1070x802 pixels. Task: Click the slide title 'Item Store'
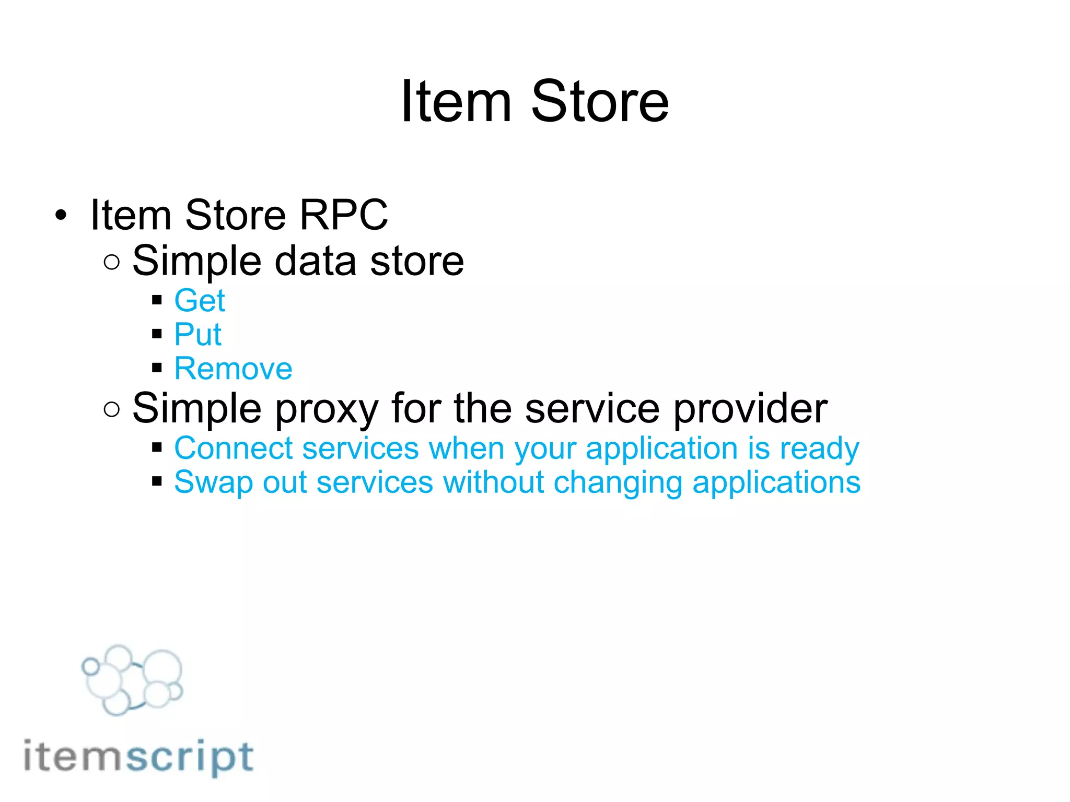(534, 101)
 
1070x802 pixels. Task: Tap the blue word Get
(200, 301)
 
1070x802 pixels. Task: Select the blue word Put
(197, 335)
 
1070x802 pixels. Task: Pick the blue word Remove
(233, 369)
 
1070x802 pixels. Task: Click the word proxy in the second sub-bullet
(326, 409)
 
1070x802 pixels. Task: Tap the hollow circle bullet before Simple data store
(111, 262)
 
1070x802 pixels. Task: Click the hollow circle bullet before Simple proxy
(111, 409)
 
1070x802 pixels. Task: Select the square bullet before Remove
(157, 368)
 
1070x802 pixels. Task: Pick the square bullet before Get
(157, 300)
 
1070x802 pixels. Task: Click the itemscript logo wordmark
(138, 757)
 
